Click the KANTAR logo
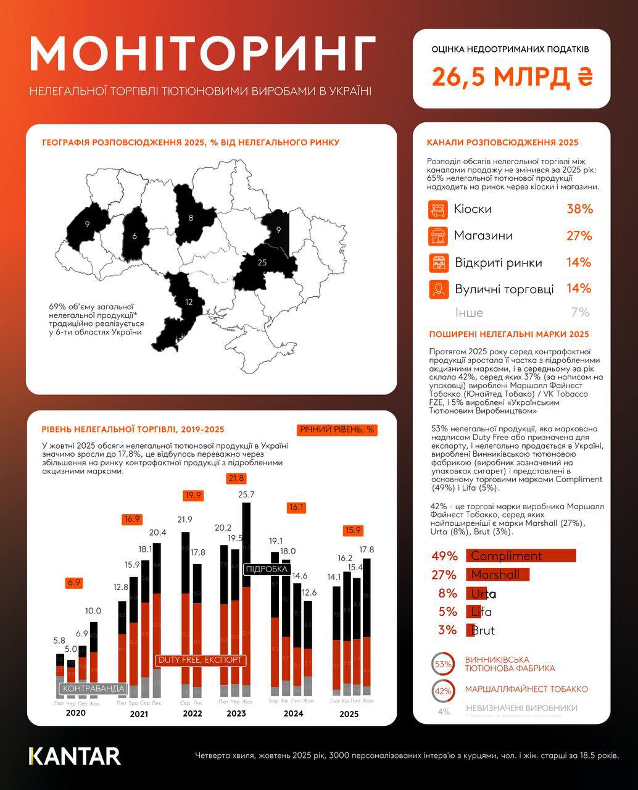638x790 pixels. [x=75, y=756]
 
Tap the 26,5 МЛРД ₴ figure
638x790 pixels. [x=512, y=77]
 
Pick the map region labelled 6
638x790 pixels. [x=135, y=235]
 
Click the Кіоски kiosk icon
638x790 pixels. [x=437, y=209]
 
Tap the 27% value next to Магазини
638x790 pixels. [x=579, y=236]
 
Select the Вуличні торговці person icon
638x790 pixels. [x=437, y=289]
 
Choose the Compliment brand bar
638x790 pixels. [x=520, y=555]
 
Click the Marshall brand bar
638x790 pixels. [x=497, y=575]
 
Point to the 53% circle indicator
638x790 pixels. [x=443, y=664]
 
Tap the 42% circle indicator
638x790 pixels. [x=443, y=691]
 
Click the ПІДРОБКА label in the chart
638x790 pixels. [x=267, y=569]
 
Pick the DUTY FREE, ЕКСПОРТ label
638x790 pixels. [x=201, y=660]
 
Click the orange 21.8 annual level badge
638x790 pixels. [x=236, y=478]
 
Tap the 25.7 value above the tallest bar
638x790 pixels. [x=246, y=494]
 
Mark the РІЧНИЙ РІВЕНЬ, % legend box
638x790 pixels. [x=337, y=430]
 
